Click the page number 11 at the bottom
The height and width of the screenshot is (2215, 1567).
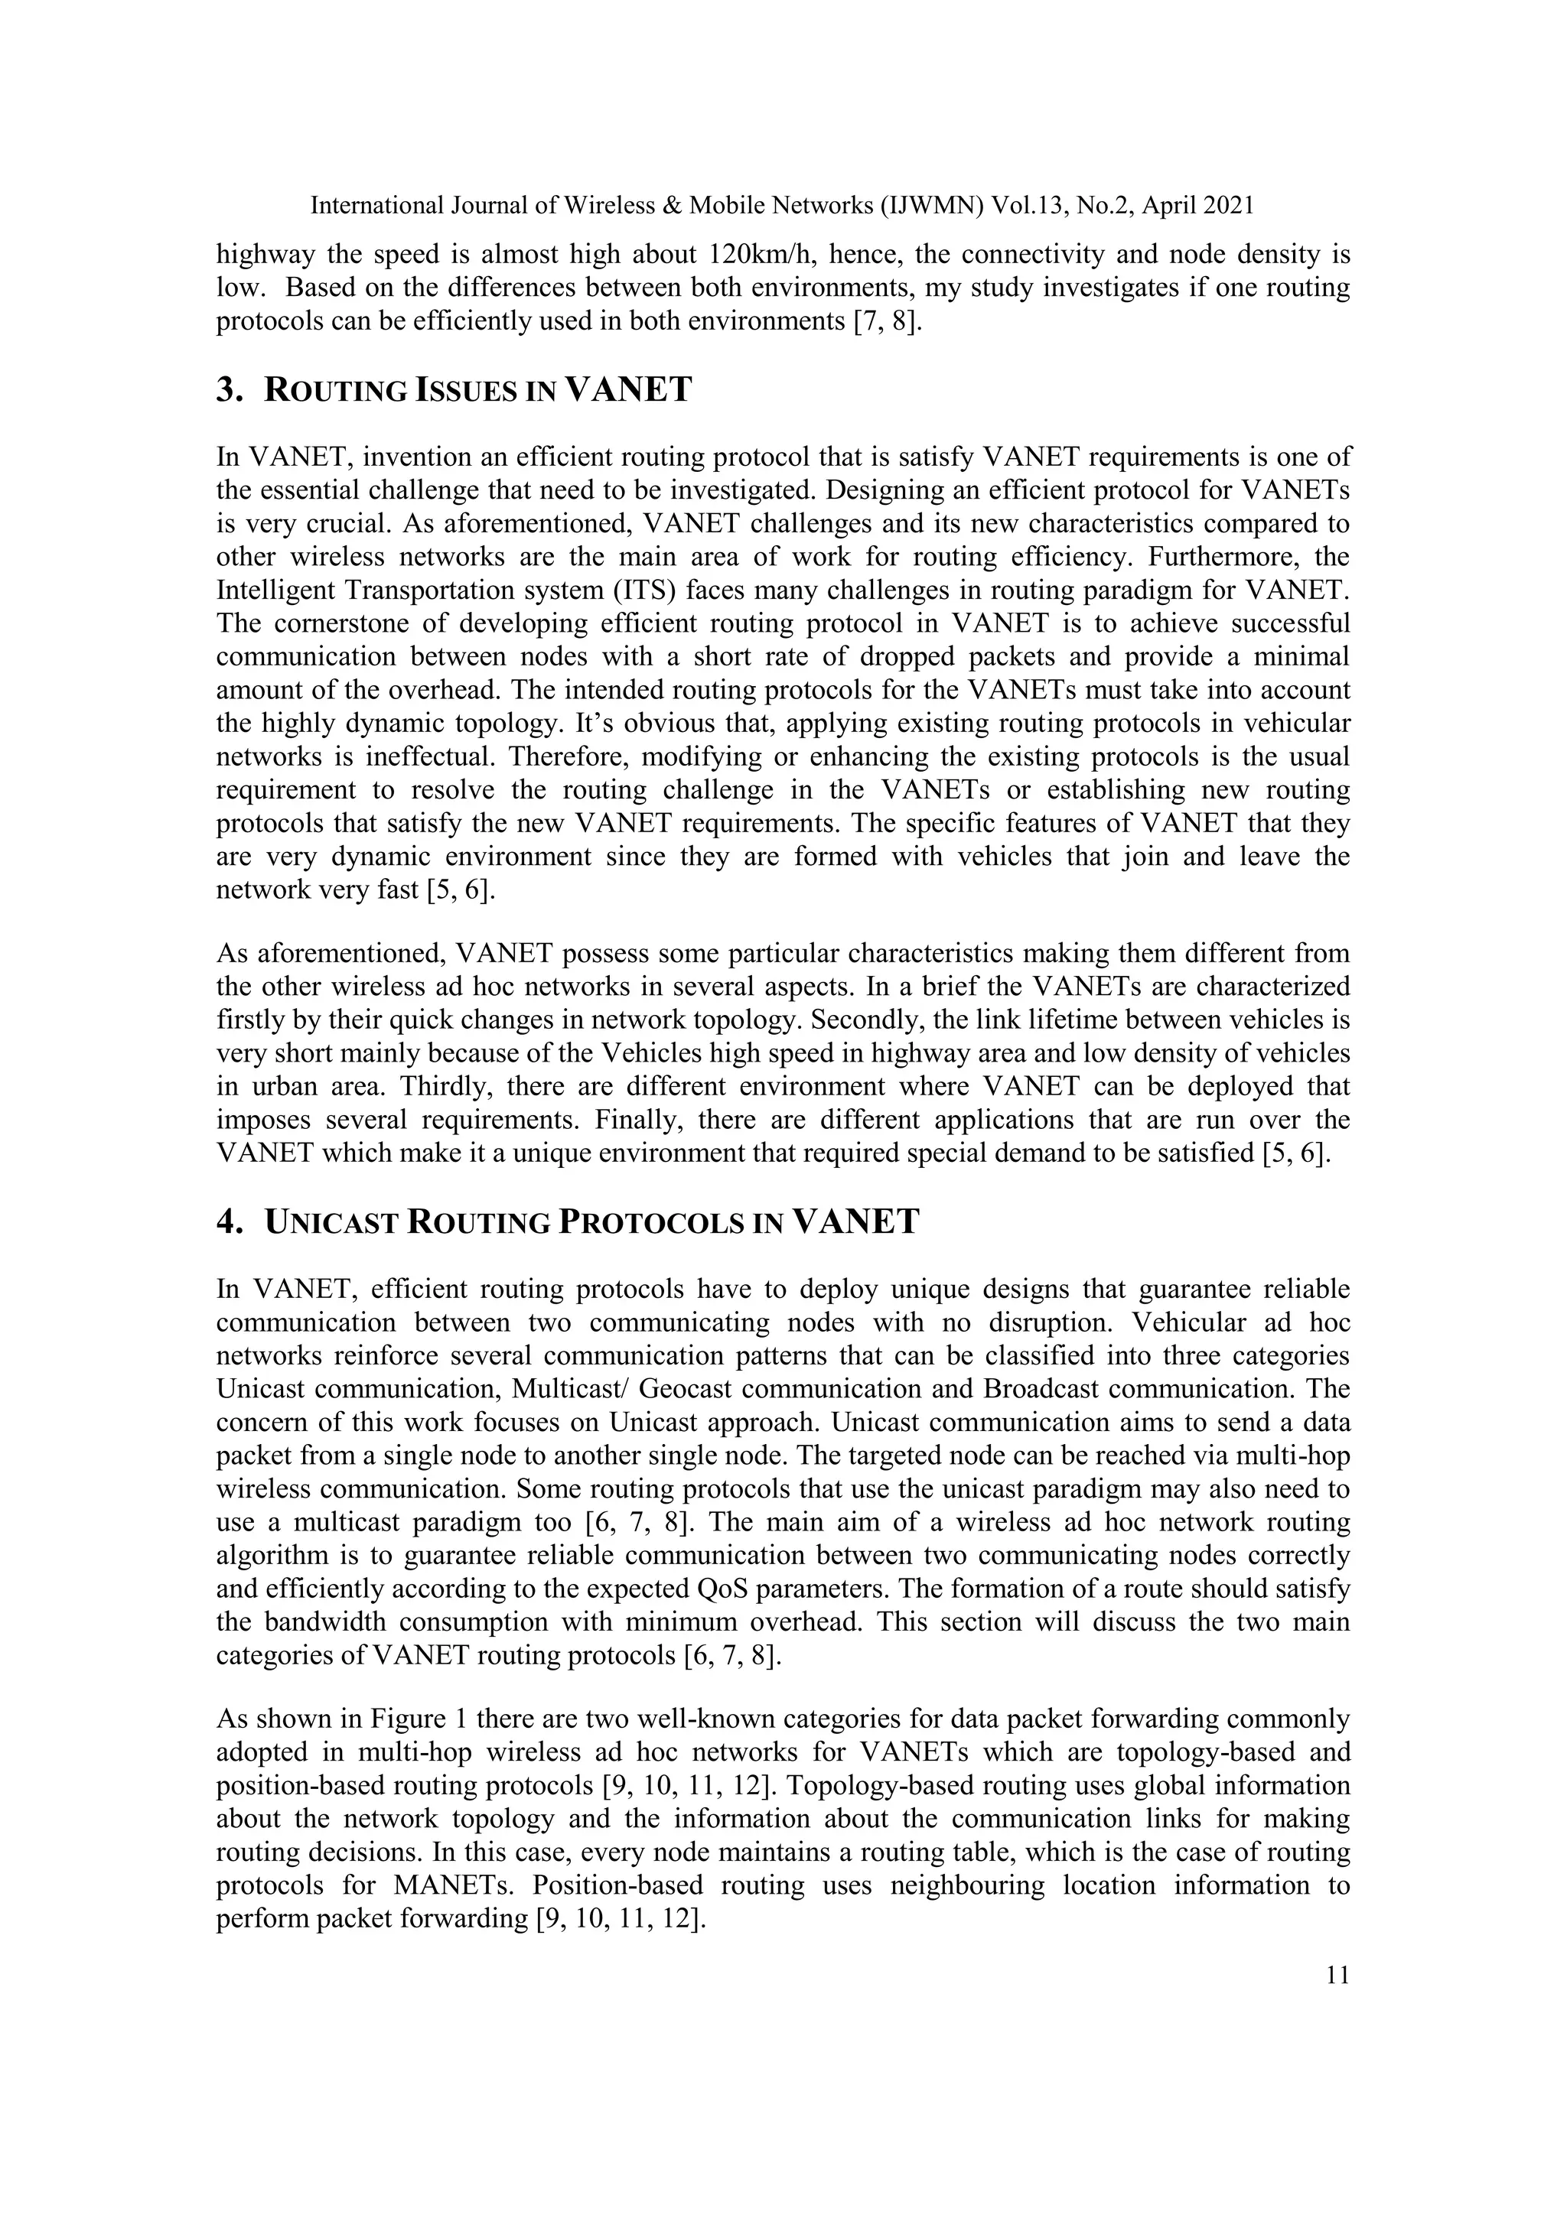pos(1337,1975)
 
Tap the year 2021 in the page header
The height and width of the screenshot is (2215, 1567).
pos(1226,206)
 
